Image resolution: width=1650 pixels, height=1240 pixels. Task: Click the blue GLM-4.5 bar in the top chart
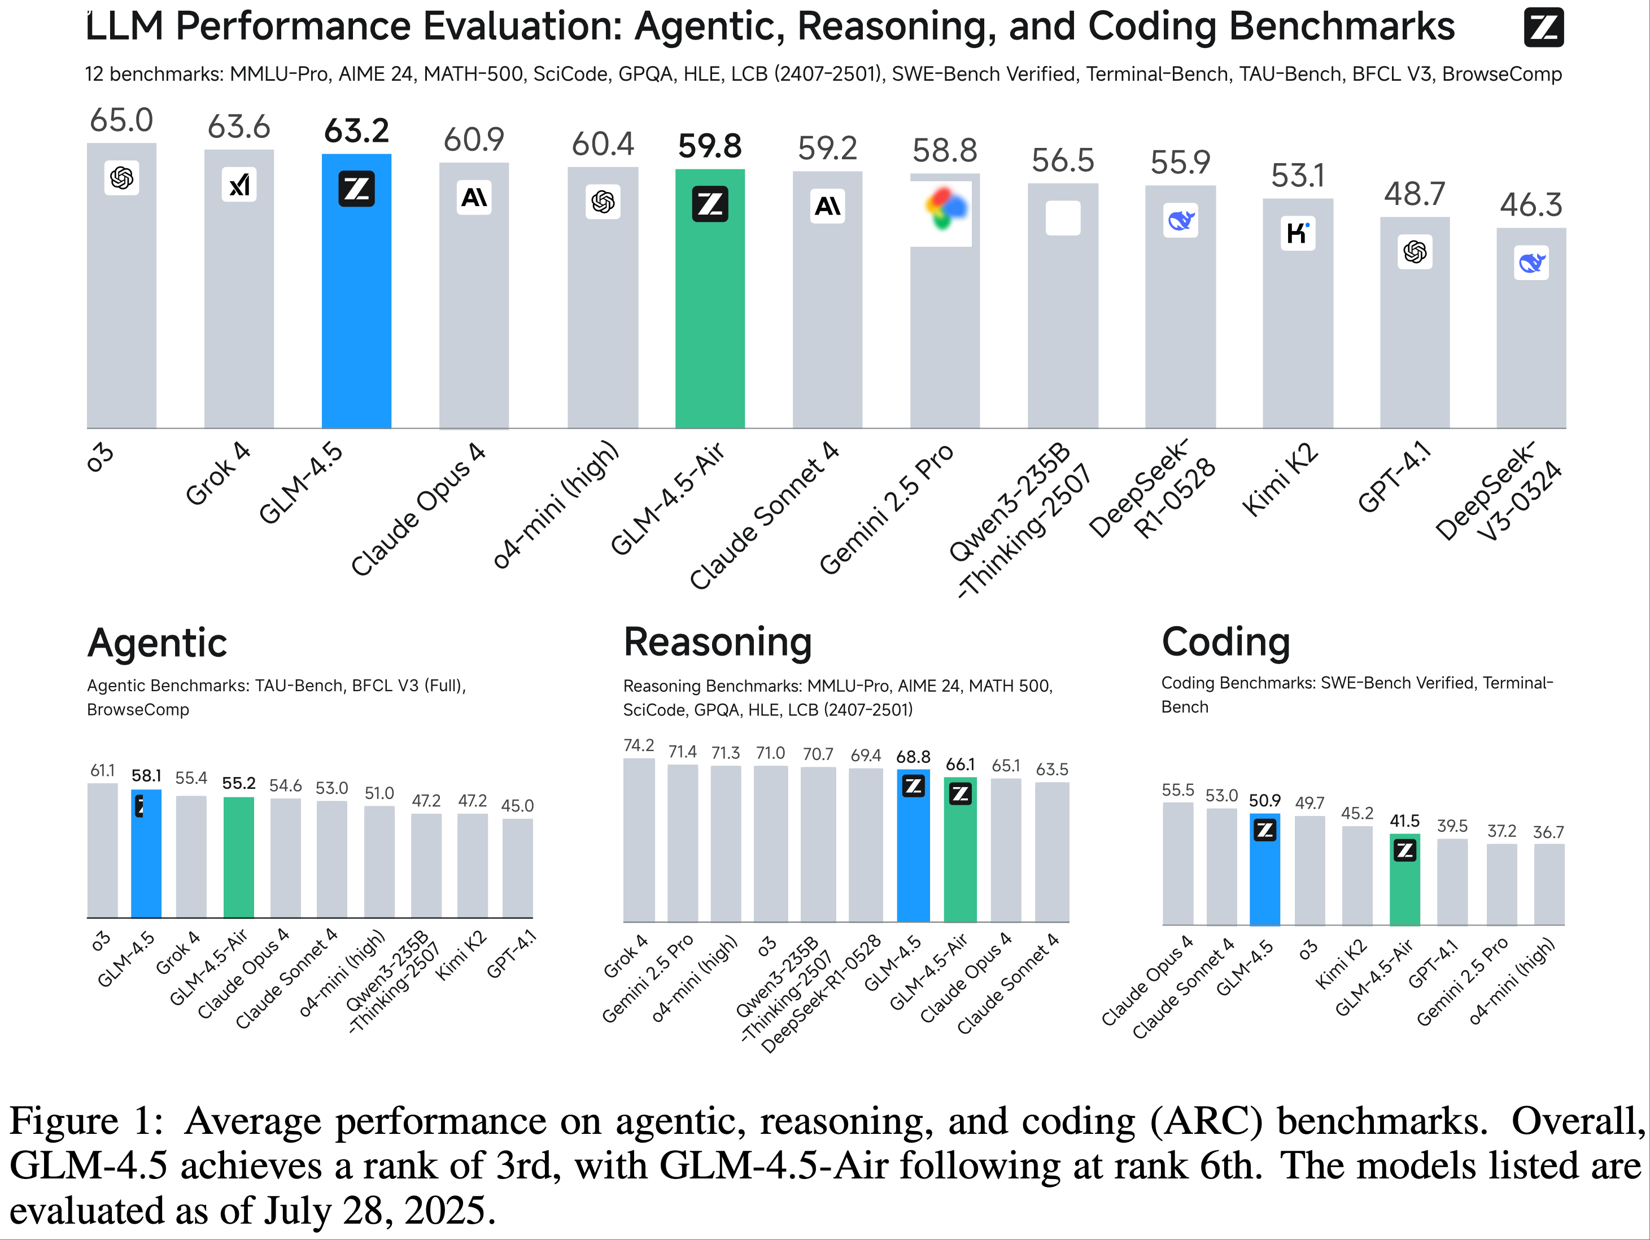tap(356, 299)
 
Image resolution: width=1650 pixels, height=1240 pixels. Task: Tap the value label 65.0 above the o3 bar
tap(121, 120)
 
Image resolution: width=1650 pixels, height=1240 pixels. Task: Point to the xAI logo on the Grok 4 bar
tap(239, 184)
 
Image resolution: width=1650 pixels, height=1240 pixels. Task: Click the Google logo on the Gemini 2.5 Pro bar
tap(944, 209)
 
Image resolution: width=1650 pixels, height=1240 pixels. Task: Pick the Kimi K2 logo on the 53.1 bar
tap(1297, 233)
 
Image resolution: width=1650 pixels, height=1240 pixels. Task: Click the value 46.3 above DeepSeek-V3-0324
tap(1531, 204)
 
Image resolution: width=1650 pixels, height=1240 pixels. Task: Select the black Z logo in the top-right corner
tap(1543, 28)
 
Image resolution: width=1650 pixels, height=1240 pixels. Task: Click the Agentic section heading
tap(156, 643)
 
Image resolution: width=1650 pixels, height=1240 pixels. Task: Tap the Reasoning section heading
tap(718, 643)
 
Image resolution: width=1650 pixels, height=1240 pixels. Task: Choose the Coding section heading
tap(1225, 643)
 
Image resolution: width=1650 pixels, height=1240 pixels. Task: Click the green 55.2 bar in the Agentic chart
tap(239, 858)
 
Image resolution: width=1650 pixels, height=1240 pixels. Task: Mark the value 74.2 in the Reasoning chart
tap(639, 745)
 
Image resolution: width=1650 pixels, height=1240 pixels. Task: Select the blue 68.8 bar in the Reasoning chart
tap(913, 850)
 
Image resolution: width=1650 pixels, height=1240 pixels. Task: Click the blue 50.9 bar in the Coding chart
tap(1264, 873)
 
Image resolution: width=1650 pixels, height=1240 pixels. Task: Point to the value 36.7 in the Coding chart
tap(1548, 832)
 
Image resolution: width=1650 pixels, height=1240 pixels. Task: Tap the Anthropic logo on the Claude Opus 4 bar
tap(474, 198)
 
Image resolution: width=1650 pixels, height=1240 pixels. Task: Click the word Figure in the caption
tap(63, 1121)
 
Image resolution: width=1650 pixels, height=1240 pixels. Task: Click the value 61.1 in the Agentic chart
tap(102, 771)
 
